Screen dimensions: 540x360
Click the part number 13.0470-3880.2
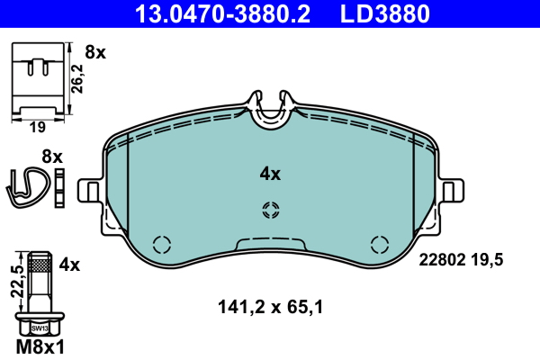[222, 13]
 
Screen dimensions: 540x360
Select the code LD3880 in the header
[385, 13]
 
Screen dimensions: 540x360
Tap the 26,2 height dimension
[77, 78]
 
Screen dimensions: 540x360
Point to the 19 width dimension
[38, 128]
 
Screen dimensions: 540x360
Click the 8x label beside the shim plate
[95, 52]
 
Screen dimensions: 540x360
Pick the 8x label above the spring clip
[52, 157]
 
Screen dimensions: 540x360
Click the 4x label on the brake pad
[270, 174]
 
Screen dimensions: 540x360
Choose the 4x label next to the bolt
[69, 265]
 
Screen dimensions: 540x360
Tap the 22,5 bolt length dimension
[17, 282]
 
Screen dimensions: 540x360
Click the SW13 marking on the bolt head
[40, 328]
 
